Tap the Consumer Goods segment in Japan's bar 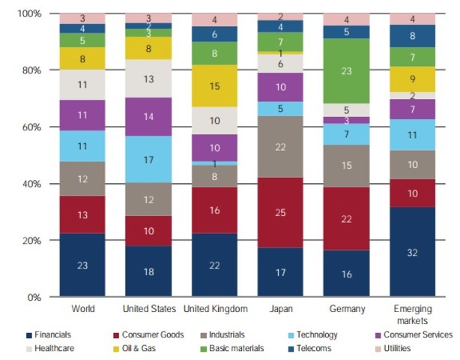[x=279, y=212]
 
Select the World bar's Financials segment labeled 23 [x=82, y=265]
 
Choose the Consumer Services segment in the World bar [x=82, y=115]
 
